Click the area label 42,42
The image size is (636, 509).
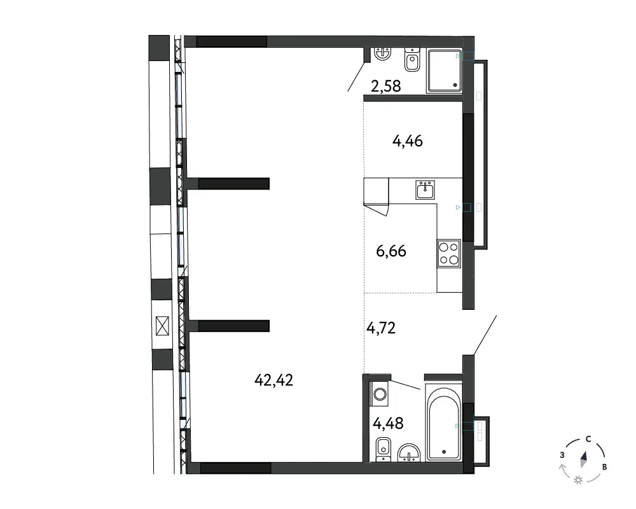click(x=273, y=380)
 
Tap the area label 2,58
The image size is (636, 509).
click(x=386, y=86)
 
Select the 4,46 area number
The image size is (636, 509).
click(x=407, y=141)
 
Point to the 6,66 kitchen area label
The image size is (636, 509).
click(x=391, y=251)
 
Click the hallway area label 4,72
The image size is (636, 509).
click(x=381, y=328)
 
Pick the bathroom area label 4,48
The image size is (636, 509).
click(x=388, y=424)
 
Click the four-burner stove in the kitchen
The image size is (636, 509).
click(x=449, y=253)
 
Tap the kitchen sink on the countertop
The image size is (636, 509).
click(x=425, y=190)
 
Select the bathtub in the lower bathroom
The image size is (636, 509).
click(x=444, y=422)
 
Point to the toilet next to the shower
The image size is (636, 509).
click(x=412, y=60)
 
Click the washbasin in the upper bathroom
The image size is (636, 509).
click(x=382, y=53)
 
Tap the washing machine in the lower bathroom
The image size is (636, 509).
click(x=380, y=393)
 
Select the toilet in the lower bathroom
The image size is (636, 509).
click(x=384, y=449)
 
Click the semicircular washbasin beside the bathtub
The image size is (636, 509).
click(x=409, y=452)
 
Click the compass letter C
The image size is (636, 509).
click(x=588, y=439)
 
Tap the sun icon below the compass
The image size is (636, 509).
click(x=578, y=480)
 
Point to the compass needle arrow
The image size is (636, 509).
click(x=584, y=459)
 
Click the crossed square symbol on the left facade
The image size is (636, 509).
click(x=162, y=326)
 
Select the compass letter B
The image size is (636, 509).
click(x=604, y=467)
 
